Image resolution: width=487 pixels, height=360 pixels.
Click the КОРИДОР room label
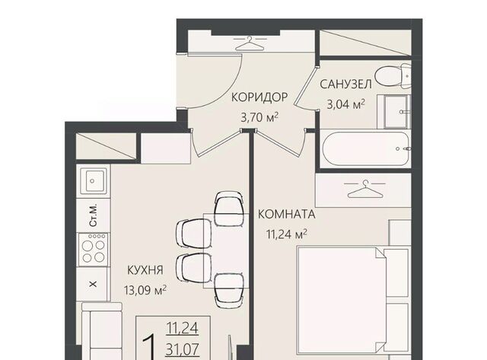coord(259,97)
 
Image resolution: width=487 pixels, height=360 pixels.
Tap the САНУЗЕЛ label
coord(345,84)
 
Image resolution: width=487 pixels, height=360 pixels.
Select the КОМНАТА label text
coord(287,215)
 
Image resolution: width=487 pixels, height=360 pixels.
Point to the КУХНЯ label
coord(145,270)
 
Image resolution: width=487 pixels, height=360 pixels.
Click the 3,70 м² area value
coord(259,117)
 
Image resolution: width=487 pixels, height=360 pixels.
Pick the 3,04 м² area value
coord(345,104)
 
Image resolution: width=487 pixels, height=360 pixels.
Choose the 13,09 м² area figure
coord(145,291)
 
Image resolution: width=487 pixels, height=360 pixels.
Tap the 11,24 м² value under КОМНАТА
coord(287,234)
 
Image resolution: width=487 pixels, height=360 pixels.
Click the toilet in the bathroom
coord(393,75)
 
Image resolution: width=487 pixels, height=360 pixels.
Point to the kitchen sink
coord(94,181)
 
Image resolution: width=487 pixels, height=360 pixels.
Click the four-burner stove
coord(94,249)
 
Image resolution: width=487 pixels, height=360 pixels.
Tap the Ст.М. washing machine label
coord(93,215)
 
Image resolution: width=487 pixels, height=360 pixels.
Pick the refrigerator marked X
coord(93,284)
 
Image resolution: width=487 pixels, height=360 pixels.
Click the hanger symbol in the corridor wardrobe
coord(250,43)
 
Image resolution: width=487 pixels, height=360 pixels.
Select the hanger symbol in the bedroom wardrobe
coord(364,190)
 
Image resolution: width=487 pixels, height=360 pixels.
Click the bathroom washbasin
coord(396,112)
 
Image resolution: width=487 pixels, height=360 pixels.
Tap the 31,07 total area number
coord(182,350)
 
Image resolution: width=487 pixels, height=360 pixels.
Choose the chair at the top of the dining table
coord(229,209)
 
